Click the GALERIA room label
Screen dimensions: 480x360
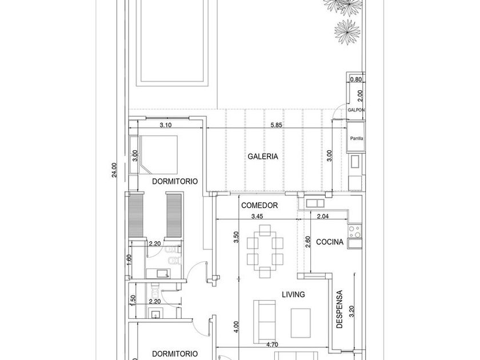263,157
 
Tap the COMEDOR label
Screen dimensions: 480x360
259,205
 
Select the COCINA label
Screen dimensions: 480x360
330,242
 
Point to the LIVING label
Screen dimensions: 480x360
293,294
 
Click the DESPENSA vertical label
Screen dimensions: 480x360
339,310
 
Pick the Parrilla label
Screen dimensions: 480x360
357,138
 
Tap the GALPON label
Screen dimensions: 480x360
357,110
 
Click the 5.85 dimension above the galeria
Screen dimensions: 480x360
276,125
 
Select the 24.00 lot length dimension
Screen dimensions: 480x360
114,170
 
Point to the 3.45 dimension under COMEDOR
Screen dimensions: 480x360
257,217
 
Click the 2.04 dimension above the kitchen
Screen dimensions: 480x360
323,217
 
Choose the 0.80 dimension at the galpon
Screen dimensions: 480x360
355,79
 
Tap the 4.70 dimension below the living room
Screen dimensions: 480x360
272,345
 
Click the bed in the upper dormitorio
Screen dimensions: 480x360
158,154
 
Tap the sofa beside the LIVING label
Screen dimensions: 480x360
265,321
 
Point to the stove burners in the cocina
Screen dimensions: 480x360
355,232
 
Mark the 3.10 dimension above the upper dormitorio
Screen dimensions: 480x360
166,125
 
